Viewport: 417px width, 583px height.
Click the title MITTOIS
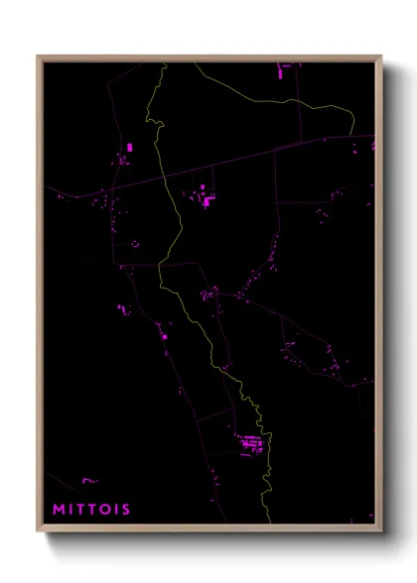click(x=92, y=510)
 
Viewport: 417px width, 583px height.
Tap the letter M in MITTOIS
click(x=59, y=510)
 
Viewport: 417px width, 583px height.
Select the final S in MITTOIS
click(x=125, y=510)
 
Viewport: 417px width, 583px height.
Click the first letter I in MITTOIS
click(x=71, y=510)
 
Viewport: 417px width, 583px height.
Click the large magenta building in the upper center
click(x=208, y=200)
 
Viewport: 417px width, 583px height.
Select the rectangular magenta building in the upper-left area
click(x=130, y=148)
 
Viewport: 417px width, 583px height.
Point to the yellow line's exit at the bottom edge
click(x=269, y=525)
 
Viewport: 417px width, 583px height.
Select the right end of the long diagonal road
click(x=375, y=137)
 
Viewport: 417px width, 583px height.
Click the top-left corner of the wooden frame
click(x=38, y=55)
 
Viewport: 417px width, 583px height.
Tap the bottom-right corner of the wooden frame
click(x=382, y=532)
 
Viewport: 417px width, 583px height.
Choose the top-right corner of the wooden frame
click(x=382, y=55)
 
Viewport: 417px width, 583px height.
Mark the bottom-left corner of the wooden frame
click(x=38, y=532)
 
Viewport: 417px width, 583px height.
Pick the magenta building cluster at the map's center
click(x=210, y=293)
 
